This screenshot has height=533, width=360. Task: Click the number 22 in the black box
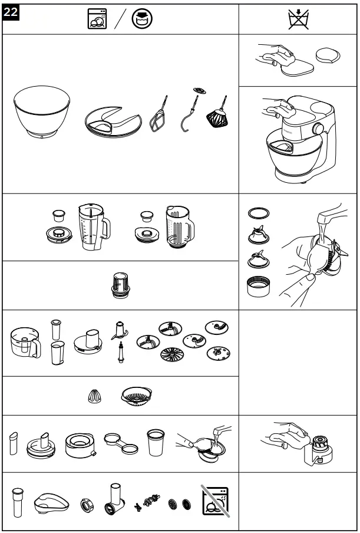(11, 11)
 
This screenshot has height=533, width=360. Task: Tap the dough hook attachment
(192, 118)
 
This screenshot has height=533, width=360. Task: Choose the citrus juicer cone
(93, 397)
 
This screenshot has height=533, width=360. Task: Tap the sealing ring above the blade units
(259, 211)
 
